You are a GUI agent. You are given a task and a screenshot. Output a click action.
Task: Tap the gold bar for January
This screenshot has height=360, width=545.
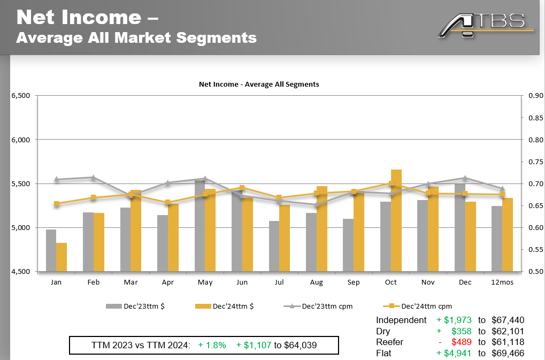[x=62, y=257]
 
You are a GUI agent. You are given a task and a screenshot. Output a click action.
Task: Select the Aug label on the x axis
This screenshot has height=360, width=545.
[x=316, y=282]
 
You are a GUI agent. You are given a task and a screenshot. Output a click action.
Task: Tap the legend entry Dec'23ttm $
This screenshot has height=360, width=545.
[x=134, y=307]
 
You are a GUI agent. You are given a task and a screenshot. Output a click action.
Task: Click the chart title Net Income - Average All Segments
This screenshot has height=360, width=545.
[x=259, y=85]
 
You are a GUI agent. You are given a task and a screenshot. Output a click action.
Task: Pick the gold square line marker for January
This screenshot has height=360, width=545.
[x=57, y=203]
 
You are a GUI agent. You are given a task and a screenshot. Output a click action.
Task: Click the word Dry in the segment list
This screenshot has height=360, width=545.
[x=383, y=332]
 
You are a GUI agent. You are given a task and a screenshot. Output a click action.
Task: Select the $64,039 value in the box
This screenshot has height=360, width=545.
[x=300, y=346]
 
